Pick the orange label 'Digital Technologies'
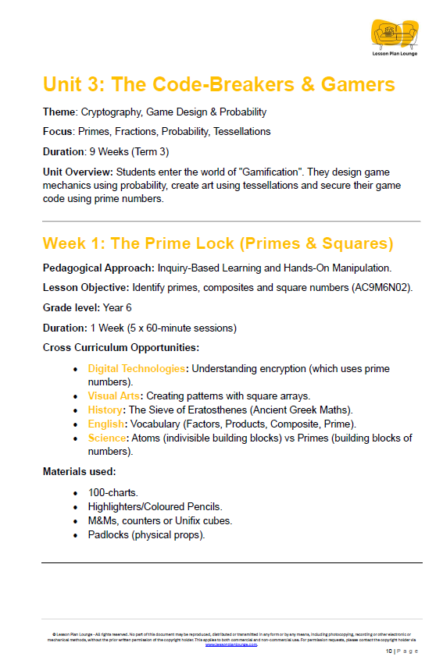click(137, 368)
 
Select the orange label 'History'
click(105, 410)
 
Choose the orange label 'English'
click(105, 424)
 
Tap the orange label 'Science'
click(108, 438)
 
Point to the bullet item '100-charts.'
click(114, 493)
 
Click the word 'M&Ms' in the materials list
click(103, 520)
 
